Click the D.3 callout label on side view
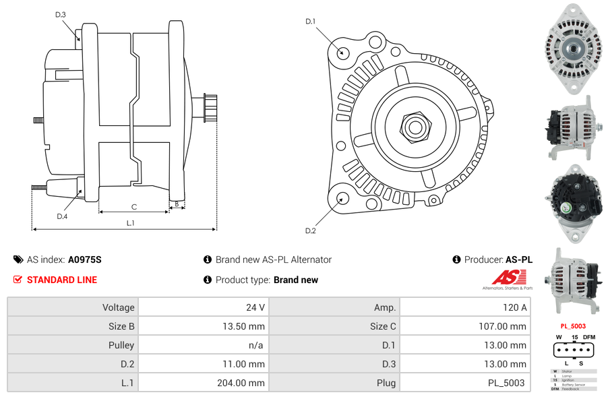click(x=61, y=14)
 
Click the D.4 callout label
click(x=62, y=216)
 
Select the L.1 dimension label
click(x=131, y=222)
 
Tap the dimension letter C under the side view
click(x=134, y=207)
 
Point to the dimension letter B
click(x=177, y=204)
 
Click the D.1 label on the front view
click(x=310, y=22)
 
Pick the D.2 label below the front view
click(x=310, y=231)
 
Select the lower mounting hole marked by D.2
click(x=342, y=198)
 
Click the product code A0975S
click(x=84, y=259)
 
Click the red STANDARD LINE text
click(x=61, y=280)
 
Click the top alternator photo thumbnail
click(x=573, y=47)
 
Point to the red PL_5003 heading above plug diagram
click(x=573, y=326)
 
